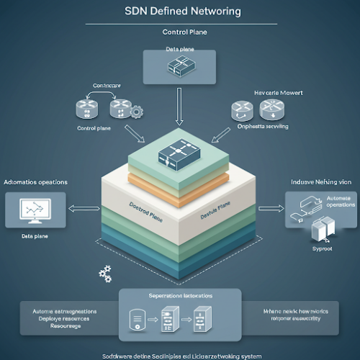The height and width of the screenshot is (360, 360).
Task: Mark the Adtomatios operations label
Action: pos(36,182)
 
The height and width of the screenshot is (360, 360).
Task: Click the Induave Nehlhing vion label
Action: pos(320,183)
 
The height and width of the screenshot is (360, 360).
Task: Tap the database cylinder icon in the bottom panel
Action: pos(135,319)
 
